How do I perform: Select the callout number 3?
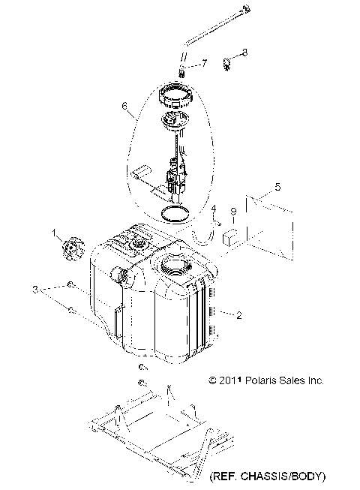point(34,289)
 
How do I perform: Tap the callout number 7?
point(194,65)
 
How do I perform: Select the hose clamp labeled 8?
point(227,63)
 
